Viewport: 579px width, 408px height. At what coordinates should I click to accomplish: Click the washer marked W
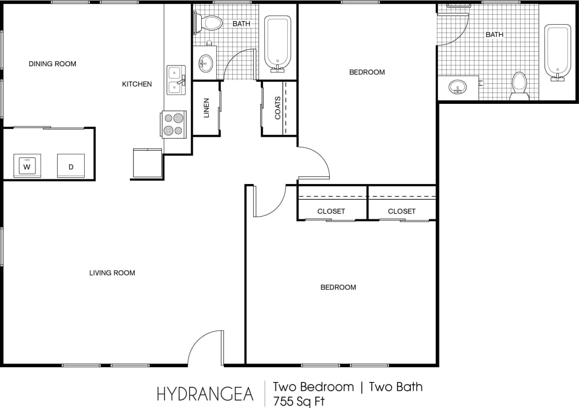(27, 166)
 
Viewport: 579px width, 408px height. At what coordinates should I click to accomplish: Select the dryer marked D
(71, 166)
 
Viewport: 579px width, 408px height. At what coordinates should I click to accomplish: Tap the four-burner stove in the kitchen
(173, 124)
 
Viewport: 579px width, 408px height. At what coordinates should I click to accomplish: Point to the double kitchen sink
(175, 80)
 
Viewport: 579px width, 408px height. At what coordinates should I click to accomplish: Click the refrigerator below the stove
(147, 162)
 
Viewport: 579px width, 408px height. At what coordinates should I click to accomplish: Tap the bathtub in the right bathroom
(557, 52)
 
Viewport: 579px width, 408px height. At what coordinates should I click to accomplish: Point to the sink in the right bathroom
(458, 88)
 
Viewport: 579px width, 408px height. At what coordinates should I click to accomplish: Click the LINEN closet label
(206, 108)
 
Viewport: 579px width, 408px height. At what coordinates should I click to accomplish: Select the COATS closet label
(277, 108)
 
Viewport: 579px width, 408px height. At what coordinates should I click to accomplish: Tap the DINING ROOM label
(52, 63)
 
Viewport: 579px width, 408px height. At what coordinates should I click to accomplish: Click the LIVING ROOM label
(112, 273)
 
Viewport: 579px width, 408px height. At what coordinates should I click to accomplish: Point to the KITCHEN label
(137, 84)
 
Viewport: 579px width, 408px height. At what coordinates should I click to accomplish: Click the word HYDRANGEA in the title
(205, 394)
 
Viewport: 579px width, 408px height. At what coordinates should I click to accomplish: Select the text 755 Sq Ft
(299, 401)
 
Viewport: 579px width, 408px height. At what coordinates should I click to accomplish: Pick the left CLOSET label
(331, 211)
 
